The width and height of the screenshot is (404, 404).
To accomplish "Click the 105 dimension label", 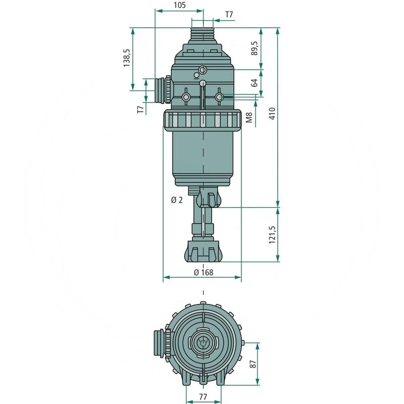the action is pyautogui.click(x=180, y=5).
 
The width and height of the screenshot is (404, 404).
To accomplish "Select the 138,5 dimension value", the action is pyautogui.click(x=127, y=58).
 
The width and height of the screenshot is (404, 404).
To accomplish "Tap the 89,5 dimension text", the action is pyautogui.click(x=255, y=48).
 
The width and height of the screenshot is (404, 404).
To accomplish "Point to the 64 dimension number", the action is pyautogui.click(x=255, y=83).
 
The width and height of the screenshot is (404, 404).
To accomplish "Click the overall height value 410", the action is pyautogui.click(x=272, y=113).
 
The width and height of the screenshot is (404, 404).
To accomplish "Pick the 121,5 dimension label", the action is pyautogui.click(x=272, y=235).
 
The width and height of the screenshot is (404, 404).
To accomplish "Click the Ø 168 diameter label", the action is pyautogui.click(x=204, y=272).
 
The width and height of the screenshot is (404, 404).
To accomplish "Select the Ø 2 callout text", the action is pyautogui.click(x=177, y=200).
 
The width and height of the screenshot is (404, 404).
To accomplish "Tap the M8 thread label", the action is pyautogui.click(x=249, y=117).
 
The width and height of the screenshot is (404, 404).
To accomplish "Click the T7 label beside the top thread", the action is pyautogui.click(x=229, y=15).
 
